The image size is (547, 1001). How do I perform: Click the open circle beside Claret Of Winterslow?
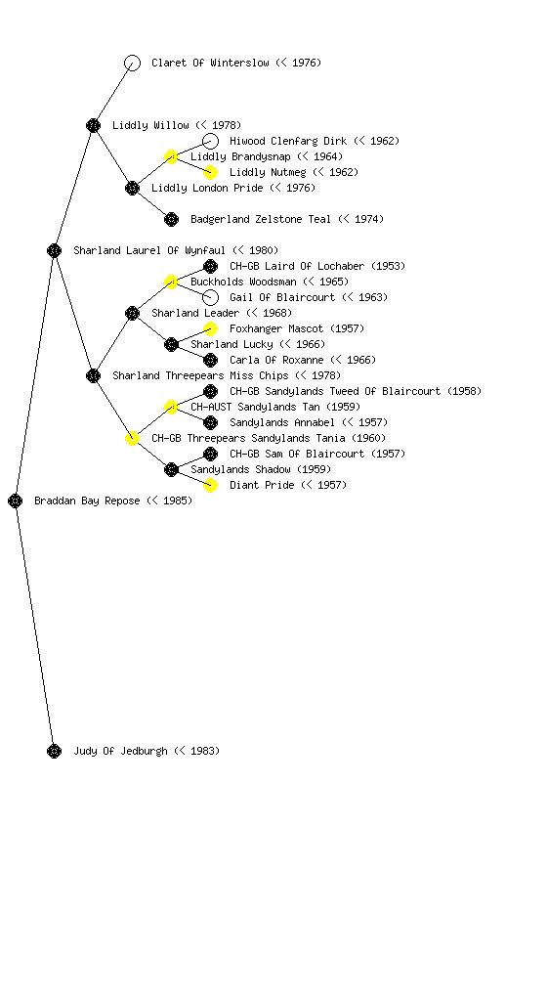click(x=132, y=63)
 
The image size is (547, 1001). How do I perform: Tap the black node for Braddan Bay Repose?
click(x=16, y=501)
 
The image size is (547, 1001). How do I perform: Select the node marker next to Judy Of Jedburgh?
click(x=54, y=752)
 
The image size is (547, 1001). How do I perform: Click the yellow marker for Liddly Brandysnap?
click(x=171, y=156)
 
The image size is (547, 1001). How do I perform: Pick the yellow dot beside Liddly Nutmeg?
click(x=210, y=172)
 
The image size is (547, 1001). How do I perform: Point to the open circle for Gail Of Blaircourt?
click(x=210, y=297)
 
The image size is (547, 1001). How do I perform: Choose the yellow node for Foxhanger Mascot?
click(x=210, y=328)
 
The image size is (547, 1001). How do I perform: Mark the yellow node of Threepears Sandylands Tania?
click(x=132, y=439)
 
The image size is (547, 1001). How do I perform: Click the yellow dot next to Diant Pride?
click(x=210, y=485)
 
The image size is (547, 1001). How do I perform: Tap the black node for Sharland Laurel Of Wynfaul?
click(x=54, y=251)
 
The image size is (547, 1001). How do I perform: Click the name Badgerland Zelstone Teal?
click(x=261, y=219)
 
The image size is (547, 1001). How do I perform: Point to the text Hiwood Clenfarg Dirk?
click(x=288, y=141)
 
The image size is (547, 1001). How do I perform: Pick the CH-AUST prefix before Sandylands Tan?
click(x=210, y=407)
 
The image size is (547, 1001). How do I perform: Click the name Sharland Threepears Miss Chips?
click(x=200, y=375)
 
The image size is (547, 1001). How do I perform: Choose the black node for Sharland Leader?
click(x=132, y=314)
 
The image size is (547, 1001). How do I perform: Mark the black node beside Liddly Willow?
click(x=93, y=125)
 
